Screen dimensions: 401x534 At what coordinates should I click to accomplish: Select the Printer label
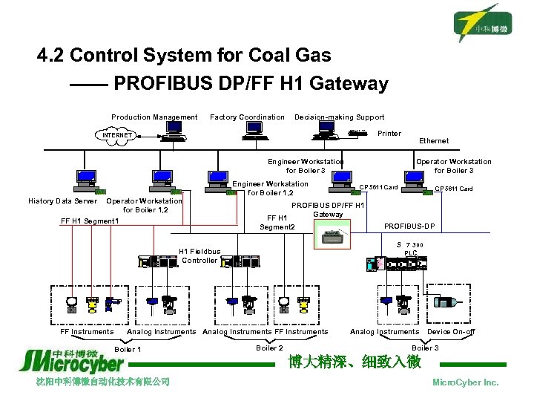pos(389,134)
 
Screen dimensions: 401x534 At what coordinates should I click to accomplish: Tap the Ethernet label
pos(433,140)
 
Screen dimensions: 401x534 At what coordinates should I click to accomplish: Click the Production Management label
pos(154,117)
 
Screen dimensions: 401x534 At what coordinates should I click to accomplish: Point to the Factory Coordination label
pos(247,117)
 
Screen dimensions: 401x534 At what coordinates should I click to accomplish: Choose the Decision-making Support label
pos(339,117)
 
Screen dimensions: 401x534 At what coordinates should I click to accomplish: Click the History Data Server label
pos(62,201)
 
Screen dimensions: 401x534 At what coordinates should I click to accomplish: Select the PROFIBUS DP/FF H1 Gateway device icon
pos(337,235)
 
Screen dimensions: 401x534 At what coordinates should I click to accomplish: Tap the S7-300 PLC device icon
pos(401,263)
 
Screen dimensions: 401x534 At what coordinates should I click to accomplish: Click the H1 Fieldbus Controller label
pos(200,256)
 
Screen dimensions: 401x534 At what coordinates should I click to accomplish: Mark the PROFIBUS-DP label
pos(409,226)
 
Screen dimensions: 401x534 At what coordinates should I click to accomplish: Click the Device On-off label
pos(451,332)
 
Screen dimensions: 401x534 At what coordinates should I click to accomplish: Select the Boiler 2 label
pos(269,348)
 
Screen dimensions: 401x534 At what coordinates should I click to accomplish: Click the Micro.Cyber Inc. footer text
pos(465,382)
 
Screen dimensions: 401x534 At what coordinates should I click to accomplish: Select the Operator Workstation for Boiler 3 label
pos(453,166)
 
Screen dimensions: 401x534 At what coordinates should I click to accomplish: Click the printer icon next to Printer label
pos(359,134)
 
